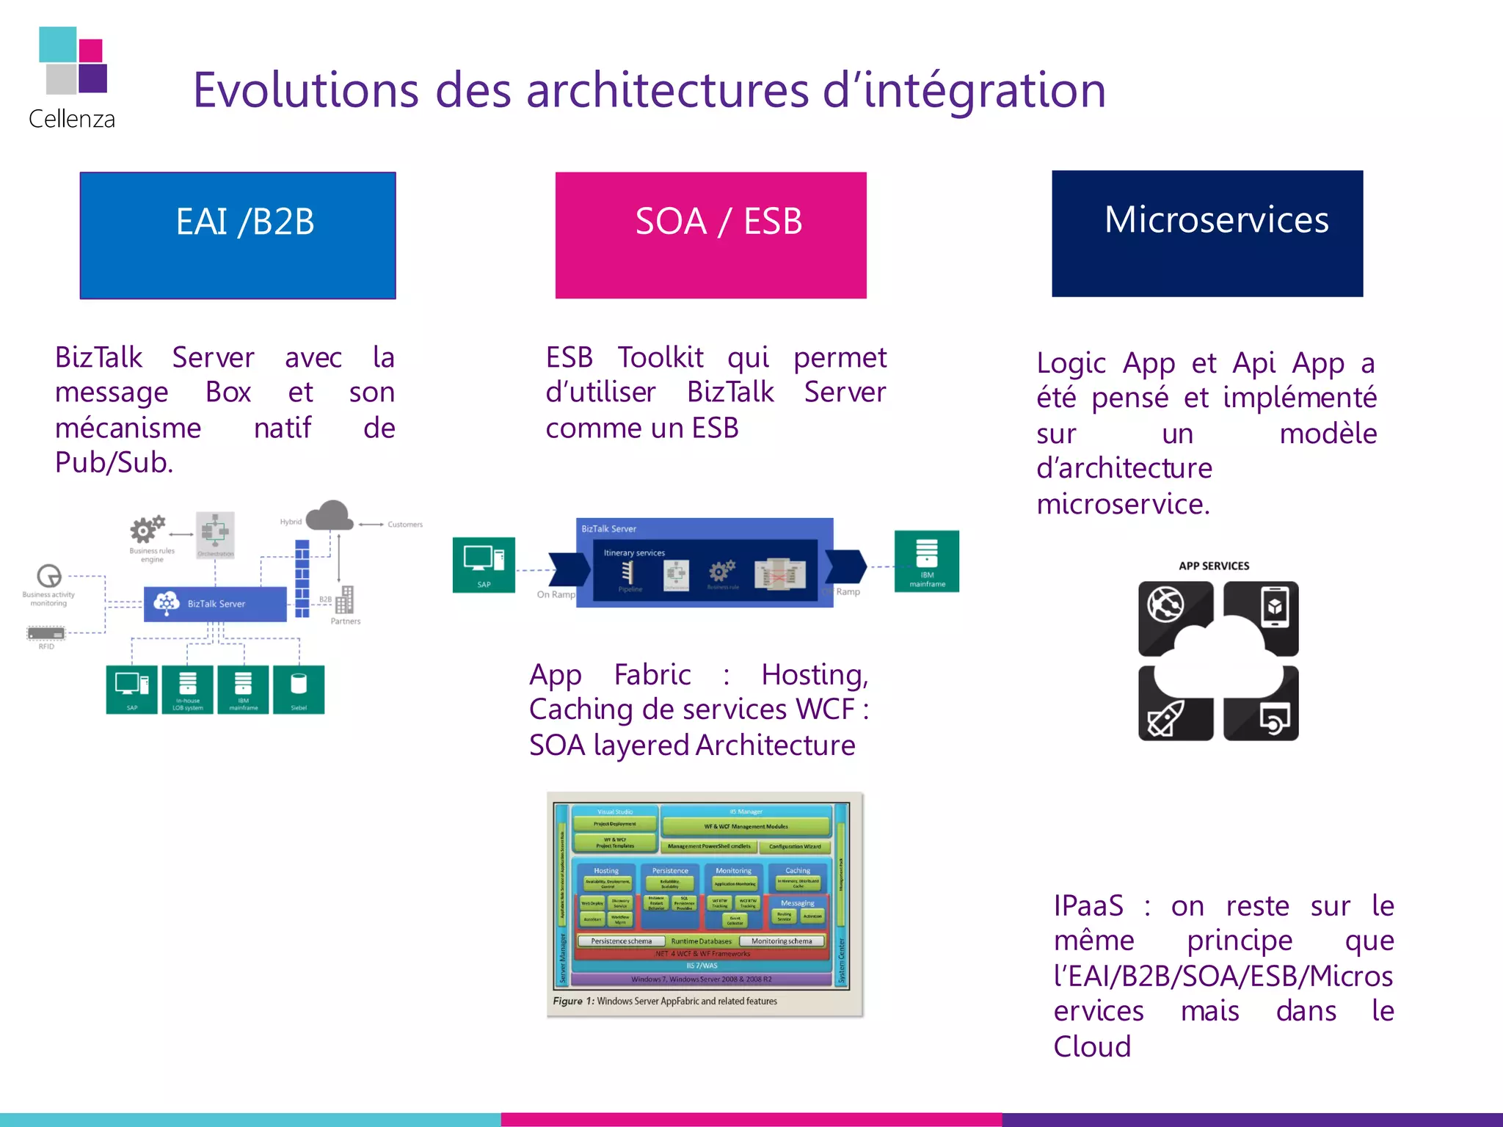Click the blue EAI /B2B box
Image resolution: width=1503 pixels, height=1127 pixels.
238,236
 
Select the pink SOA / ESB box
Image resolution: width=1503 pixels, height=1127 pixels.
710,236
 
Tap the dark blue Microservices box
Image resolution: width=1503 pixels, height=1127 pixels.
1207,234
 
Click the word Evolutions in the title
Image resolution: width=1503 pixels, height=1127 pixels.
305,90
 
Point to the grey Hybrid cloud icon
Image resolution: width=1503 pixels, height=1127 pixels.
330,516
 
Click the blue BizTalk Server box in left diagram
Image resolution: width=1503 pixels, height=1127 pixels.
215,604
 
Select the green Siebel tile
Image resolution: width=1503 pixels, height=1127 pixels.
298,689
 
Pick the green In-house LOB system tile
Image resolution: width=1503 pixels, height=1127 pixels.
188,689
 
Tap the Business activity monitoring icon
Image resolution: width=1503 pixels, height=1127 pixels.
49,576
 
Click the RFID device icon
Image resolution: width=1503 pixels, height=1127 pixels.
46,633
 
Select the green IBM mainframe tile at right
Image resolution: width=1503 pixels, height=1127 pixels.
926,561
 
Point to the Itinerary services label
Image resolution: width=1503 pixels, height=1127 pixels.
634,552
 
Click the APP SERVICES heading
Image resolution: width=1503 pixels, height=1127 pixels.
1214,566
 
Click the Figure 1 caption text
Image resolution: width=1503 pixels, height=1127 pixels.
665,1001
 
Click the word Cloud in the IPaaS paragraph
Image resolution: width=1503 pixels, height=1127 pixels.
1092,1046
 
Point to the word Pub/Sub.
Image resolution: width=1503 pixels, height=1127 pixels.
114,462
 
